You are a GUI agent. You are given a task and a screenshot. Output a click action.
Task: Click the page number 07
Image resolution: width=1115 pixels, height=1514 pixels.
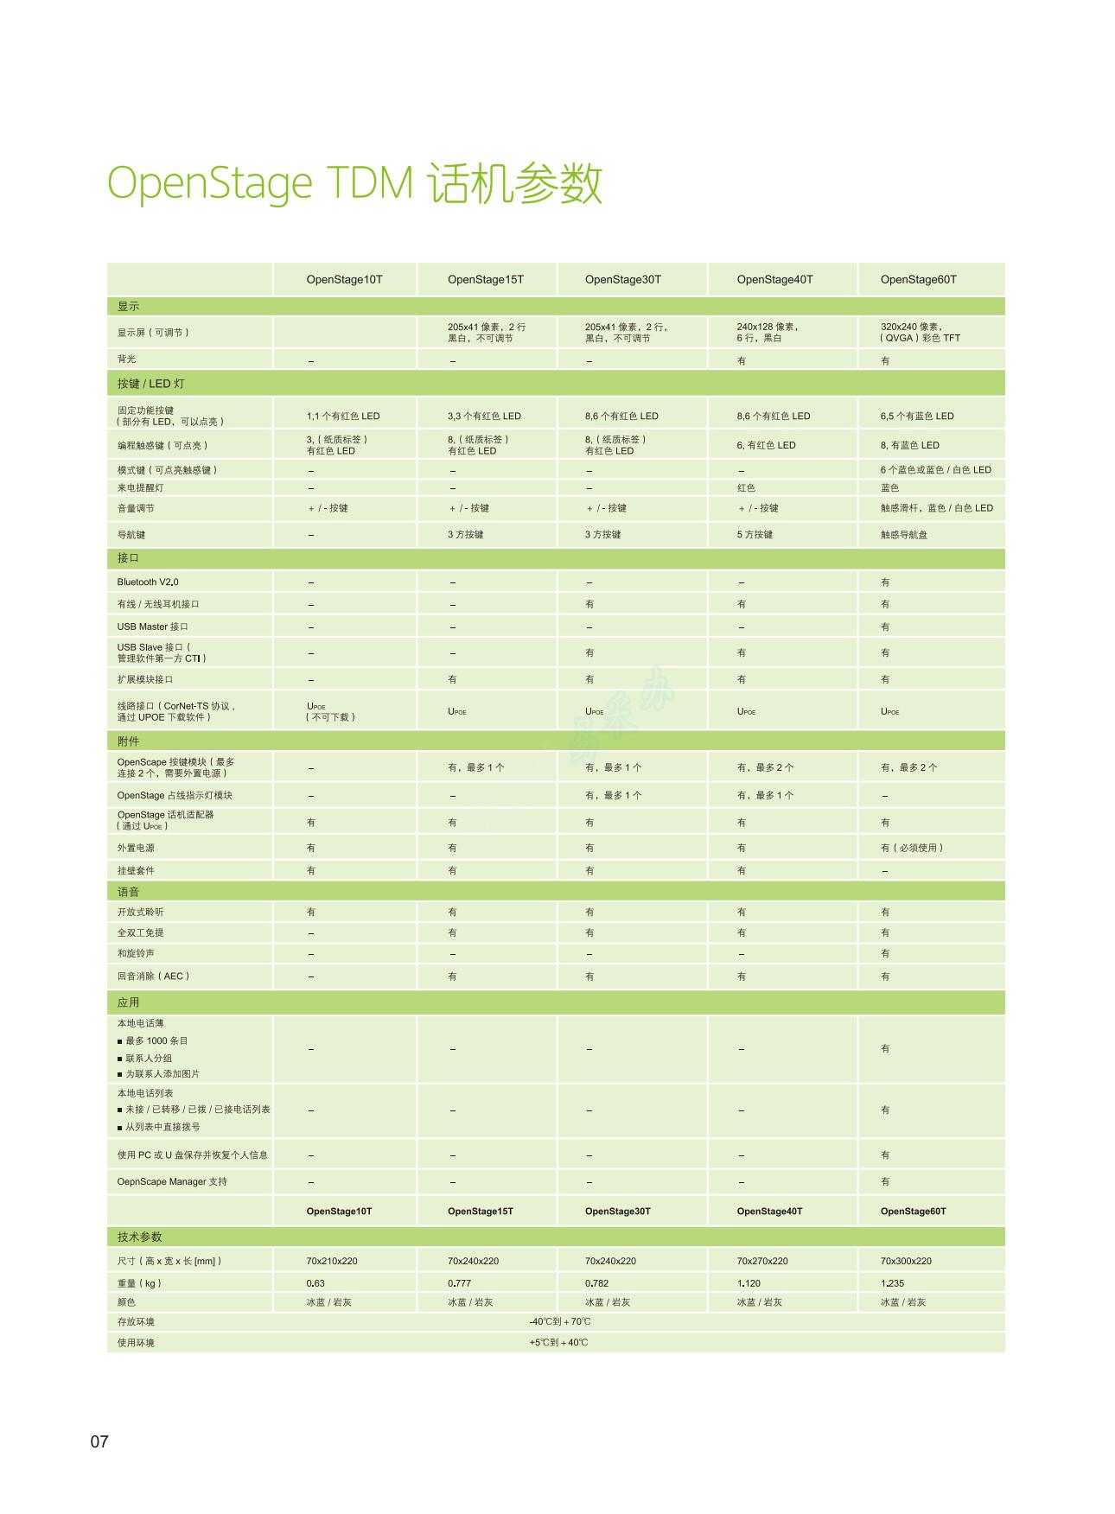coord(99,1441)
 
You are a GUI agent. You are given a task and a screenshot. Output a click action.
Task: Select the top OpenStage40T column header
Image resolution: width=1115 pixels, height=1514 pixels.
coord(774,279)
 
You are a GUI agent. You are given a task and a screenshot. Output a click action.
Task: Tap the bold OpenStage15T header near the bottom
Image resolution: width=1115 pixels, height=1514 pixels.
coord(480,1211)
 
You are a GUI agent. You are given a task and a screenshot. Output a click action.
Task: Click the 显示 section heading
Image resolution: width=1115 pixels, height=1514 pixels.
coord(128,307)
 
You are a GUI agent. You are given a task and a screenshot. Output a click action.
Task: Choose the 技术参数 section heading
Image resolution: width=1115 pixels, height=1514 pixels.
coord(139,1237)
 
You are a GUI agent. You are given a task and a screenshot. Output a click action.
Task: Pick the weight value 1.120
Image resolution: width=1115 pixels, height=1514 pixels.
coord(749,1283)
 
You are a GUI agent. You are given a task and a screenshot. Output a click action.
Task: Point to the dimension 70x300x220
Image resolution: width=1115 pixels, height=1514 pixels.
coord(906,1261)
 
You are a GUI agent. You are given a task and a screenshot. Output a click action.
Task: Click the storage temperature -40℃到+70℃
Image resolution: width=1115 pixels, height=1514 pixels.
coord(560,1321)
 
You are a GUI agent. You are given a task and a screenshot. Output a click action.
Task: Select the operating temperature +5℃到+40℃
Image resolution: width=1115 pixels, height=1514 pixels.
coord(558,1342)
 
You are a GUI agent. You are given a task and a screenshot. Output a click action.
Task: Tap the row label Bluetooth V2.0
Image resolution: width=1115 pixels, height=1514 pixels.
coord(148,582)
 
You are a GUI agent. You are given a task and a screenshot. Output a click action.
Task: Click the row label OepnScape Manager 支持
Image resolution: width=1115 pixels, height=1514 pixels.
coord(172,1181)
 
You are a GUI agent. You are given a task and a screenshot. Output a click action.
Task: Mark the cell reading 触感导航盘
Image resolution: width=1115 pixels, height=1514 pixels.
coord(904,535)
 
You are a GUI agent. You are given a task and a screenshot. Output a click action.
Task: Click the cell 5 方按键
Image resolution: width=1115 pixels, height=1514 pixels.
coord(755,535)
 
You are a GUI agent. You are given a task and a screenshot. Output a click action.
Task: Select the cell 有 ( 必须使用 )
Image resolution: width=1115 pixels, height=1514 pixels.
coord(912,848)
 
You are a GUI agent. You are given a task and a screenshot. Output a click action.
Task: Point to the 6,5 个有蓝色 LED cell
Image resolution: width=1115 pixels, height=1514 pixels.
coord(917,416)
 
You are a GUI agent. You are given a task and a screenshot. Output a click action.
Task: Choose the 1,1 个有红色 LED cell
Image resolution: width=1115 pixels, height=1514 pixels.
coord(343,416)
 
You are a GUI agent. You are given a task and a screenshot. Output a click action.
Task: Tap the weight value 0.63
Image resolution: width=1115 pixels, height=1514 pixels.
coord(315,1283)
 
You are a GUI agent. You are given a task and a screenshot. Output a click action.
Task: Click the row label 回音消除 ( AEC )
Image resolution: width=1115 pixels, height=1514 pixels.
coord(153,976)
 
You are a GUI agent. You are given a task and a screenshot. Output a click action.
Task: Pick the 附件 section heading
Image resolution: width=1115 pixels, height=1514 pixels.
coord(128,741)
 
